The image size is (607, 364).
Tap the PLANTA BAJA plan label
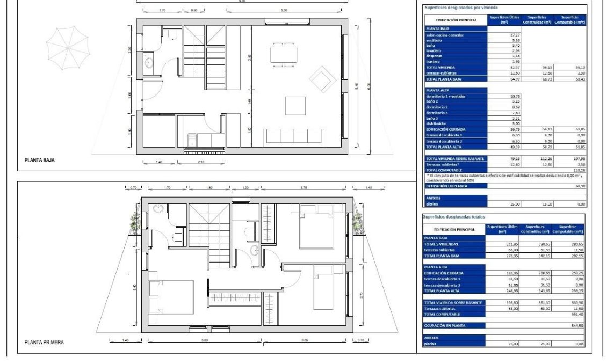[40, 160]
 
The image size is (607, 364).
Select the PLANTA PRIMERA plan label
[45, 342]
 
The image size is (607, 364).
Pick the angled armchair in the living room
[322, 78]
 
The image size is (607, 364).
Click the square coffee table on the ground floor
[295, 105]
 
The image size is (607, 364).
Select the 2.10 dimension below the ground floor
[200, 162]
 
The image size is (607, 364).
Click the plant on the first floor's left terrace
[135, 220]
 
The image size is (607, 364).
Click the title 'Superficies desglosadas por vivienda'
[460, 8]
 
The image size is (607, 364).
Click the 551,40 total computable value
[575, 314]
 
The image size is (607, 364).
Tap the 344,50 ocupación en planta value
[575, 325]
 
